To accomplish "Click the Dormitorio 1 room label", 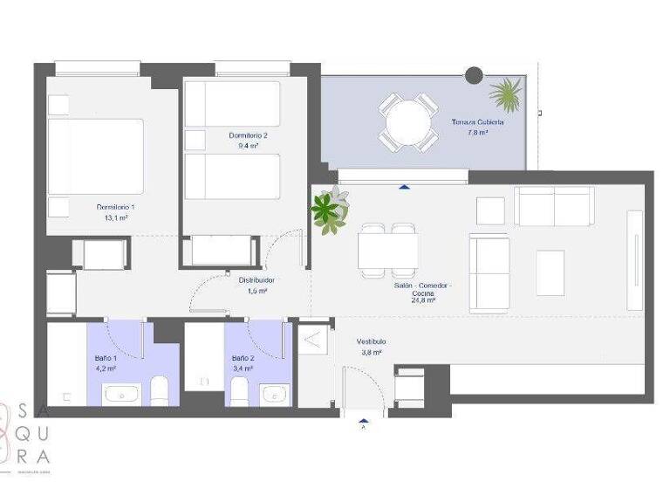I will click(115, 207).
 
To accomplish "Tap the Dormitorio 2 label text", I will click(248, 135).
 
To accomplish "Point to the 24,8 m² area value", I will click(424, 300).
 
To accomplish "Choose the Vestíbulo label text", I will click(371, 341).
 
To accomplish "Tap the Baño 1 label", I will click(106, 358).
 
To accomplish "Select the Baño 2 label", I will click(243, 358).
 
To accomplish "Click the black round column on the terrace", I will click(474, 76).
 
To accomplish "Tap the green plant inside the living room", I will click(328, 210).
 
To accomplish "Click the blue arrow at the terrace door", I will click(403, 186).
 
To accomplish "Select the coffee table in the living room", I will click(550, 272).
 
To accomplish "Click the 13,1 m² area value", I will click(115, 218).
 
